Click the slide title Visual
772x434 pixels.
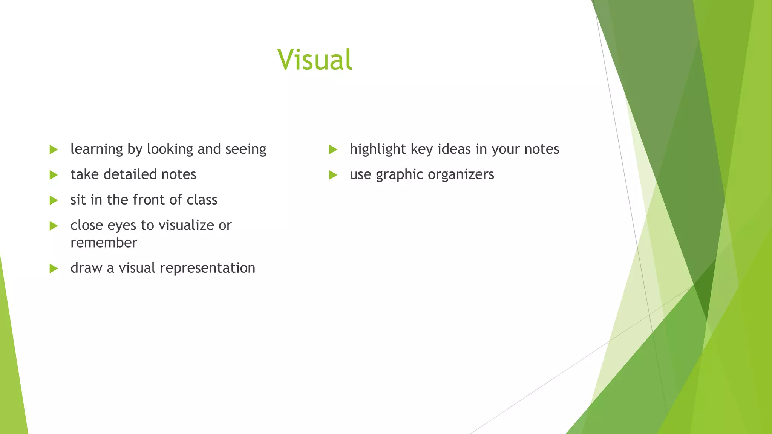pyautogui.click(x=315, y=60)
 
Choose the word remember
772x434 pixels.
pyautogui.click(x=104, y=243)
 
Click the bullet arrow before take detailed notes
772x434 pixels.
pyautogui.click(x=54, y=175)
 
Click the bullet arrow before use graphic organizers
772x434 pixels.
pyautogui.click(x=333, y=175)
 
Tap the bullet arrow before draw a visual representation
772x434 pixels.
pyautogui.click(x=54, y=268)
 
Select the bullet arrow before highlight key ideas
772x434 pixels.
pyautogui.click(x=333, y=150)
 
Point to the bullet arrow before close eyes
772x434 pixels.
pyautogui.click(x=54, y=226)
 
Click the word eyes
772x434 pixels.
pyautogui.click(x=122, y=226)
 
